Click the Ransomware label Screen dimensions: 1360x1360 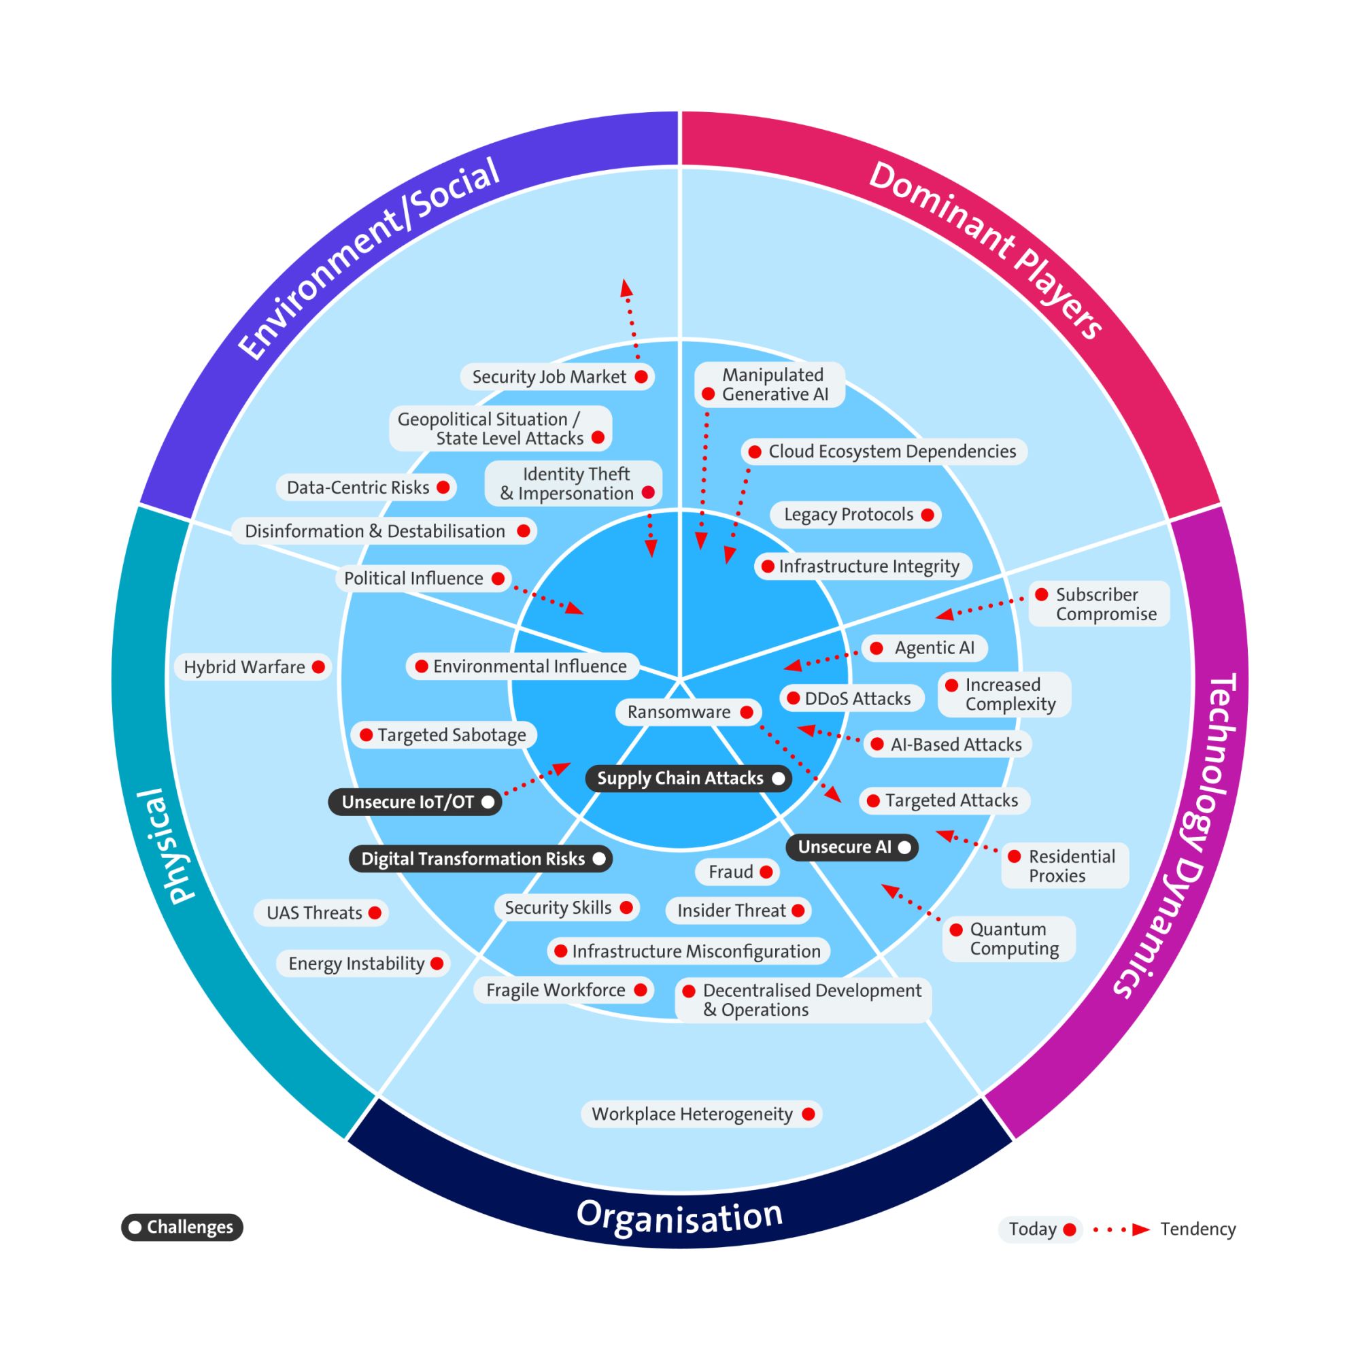click(679, 713)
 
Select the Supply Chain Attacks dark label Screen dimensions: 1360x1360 click(680, 779)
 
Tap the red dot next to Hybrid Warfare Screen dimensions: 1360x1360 click(318, 666)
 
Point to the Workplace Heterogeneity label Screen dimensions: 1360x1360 click(692, 1115)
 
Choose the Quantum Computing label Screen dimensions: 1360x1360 click(1014, 938)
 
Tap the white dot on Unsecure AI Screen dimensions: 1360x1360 click(904, 847)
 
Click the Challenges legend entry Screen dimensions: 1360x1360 click(182, 1227)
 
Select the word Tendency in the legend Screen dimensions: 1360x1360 click(1197, 1229)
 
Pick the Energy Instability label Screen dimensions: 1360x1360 click(356, 964)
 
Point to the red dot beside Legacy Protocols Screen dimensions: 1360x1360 click(928, 515)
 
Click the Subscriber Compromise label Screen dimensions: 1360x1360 click(1105, 604)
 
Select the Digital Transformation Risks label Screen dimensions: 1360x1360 click(473, 859)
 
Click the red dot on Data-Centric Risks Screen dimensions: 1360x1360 click(443, 487)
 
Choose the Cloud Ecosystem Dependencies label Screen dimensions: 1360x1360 click(892, 452)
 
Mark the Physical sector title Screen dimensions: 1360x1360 click(173, 845)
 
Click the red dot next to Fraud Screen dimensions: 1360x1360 click(766, 872)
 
